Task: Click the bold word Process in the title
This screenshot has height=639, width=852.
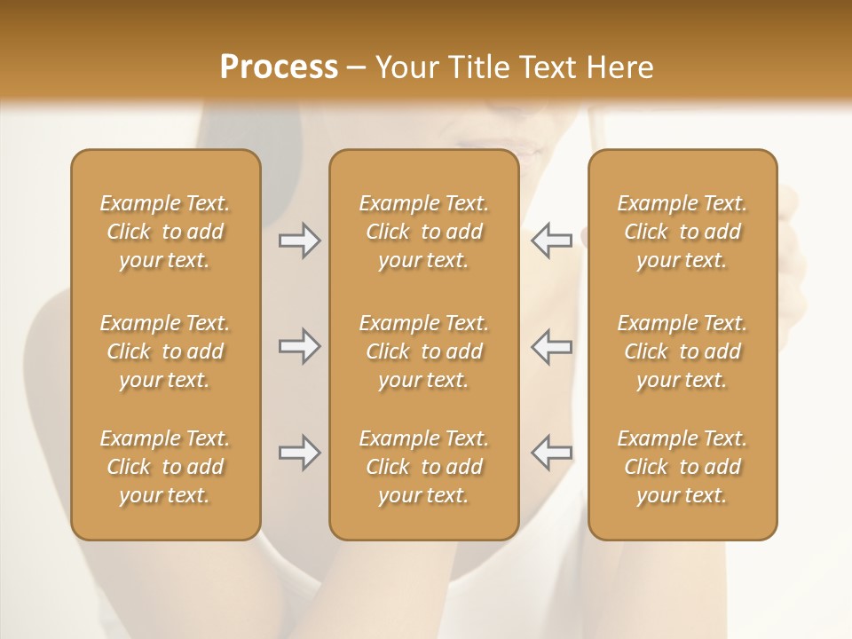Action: (x=279, y=67)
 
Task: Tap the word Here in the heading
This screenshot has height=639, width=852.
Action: (x=620, y=67)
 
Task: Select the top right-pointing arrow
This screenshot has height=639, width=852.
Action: (x=299, y=241)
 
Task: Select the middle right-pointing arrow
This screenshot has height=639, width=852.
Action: (x=299, y=346)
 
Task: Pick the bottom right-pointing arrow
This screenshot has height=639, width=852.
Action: (x=299, y=453)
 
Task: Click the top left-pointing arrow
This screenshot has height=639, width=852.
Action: (x=552, y=241)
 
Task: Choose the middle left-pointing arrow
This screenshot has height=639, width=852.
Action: (x=552, y=346)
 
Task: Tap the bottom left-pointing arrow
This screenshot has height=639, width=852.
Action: (x=552, y=453)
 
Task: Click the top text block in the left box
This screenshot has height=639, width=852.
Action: (x=165, y=232)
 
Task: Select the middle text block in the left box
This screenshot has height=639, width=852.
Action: (x=165, y=351)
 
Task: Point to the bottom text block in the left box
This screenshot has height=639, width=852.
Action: (x=165, y=467)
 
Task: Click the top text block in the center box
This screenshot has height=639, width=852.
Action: (x=423, y=232)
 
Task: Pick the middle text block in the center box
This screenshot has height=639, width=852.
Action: (x=423, y=351)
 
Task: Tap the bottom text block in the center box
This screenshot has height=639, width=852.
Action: (x=423, y=467)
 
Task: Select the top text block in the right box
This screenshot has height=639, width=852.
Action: (x=682, y=232)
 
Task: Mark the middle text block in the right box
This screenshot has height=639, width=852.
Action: (x=682, y=351)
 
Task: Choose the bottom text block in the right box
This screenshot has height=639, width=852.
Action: (x=682, y=467)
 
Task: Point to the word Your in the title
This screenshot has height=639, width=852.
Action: (x=407, y=67)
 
